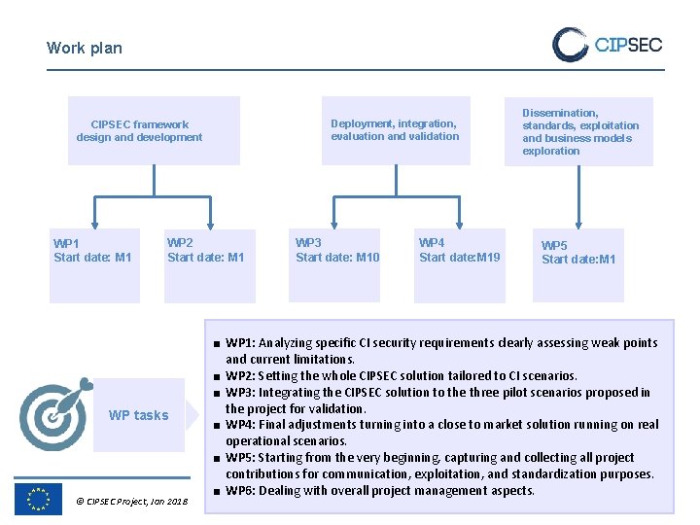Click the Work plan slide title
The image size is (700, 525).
pos(85,48)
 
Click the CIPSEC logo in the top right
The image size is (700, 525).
pos(608,45)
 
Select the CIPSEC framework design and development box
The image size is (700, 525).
pos(153,130)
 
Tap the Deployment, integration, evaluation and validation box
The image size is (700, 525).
pos(395,130)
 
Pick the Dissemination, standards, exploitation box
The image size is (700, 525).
pos(579,131)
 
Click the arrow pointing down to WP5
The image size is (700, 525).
pos(578,219)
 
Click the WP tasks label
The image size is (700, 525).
pos(138,415)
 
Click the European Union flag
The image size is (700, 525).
pos(39,499)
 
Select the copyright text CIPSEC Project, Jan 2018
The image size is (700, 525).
pos(131,502)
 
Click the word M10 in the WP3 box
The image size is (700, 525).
pos(367,258)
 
